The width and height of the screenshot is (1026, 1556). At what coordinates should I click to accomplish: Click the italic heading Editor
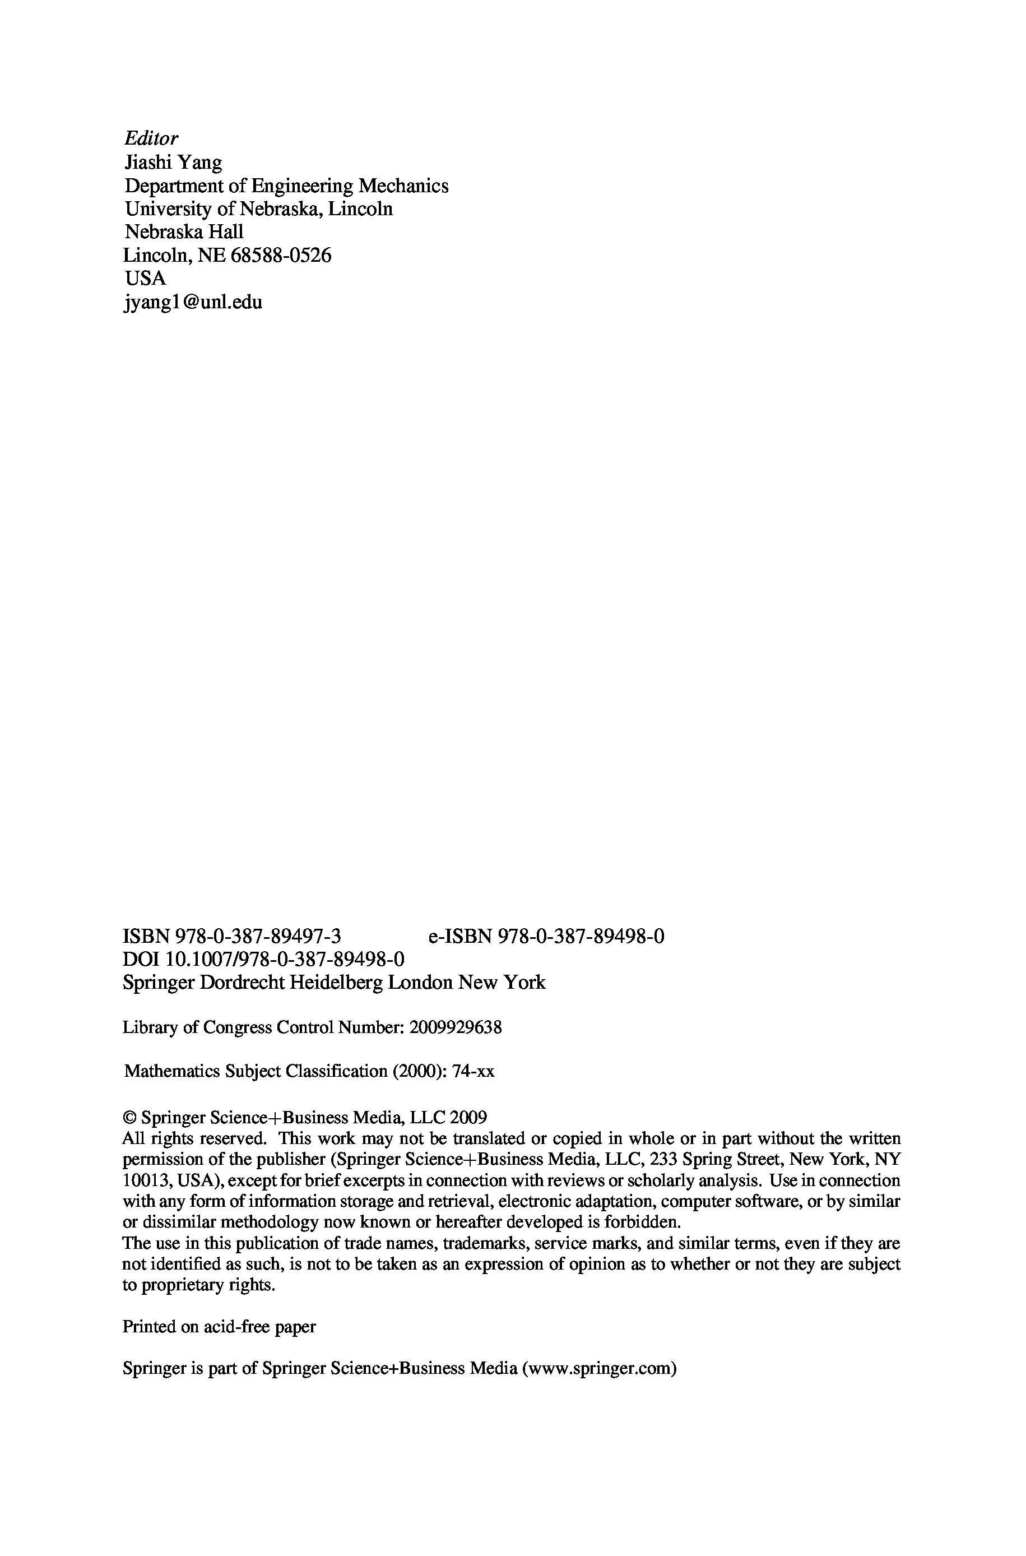point(151,138)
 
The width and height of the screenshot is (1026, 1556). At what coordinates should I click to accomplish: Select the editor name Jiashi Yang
point(173,163)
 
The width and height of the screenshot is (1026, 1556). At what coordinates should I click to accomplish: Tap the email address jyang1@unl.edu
point(193,302)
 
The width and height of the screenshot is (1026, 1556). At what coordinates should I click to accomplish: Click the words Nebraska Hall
point(184,231)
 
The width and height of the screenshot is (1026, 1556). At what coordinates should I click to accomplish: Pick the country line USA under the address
point(145,278)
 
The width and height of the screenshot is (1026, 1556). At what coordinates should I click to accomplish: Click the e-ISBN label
point(460,937)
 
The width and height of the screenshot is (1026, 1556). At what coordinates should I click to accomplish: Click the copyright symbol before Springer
point(129,1118)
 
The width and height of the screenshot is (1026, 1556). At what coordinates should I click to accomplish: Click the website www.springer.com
point(598,1350)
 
